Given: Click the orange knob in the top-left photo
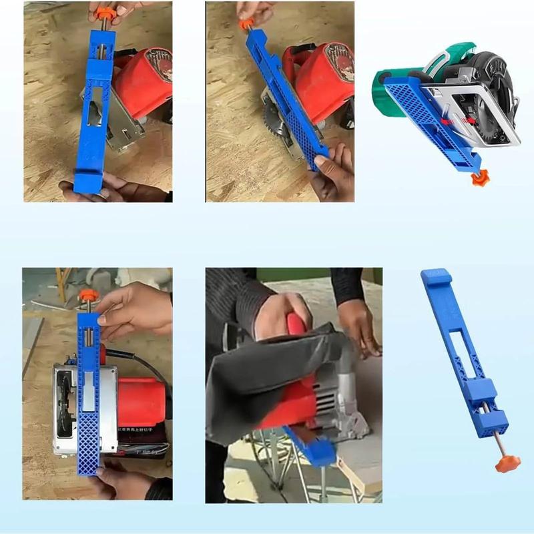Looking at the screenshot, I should [105, 13].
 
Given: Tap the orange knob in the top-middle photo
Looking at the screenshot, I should [246, 24].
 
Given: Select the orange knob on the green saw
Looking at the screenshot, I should [477, 178].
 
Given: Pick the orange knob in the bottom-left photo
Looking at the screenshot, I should [88, 296].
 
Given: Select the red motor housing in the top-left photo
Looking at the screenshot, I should [144, 80].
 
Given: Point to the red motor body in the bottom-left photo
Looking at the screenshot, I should [140, 400].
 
